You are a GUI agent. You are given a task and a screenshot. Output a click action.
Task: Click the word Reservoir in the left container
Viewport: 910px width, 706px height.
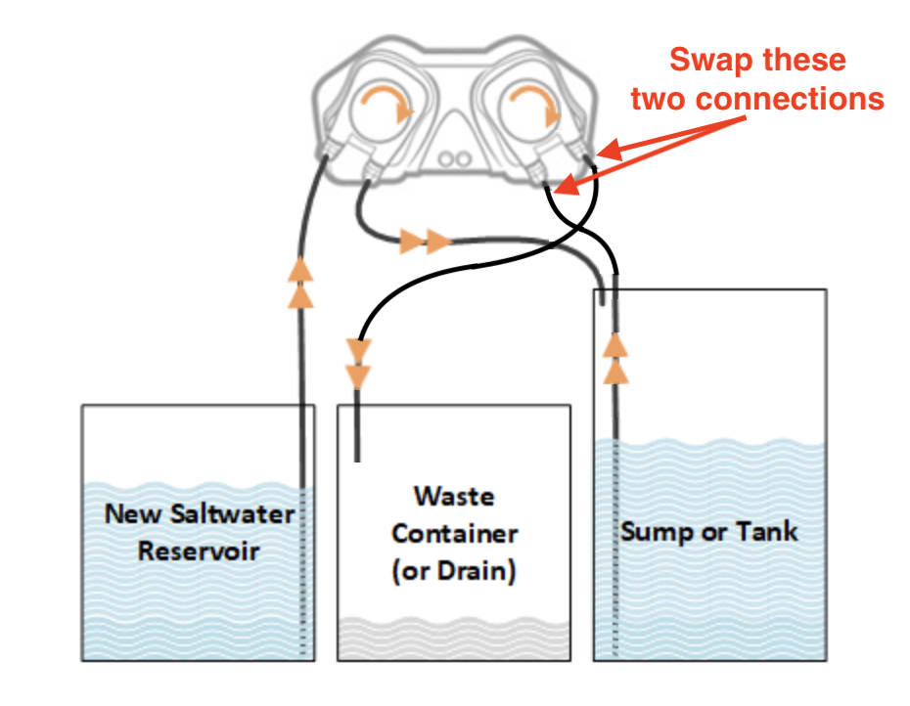198,552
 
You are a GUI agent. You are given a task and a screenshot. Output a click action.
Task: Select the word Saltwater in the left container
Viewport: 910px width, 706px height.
233,514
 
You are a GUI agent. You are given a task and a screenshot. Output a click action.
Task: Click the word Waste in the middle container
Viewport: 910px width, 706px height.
454,497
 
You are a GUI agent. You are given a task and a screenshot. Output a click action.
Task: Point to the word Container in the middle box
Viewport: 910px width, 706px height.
454,534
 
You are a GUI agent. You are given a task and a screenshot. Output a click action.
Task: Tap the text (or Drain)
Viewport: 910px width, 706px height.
454,571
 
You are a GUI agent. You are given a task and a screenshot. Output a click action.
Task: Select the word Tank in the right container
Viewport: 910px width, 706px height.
767,531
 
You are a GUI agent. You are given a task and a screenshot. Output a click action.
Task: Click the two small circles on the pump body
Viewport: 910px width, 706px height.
454,159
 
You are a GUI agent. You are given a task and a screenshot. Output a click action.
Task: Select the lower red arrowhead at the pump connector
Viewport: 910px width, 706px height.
567,185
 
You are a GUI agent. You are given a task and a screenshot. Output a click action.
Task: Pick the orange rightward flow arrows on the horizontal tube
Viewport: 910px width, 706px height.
426,241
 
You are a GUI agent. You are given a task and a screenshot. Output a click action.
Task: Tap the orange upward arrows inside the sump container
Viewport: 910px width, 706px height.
615,358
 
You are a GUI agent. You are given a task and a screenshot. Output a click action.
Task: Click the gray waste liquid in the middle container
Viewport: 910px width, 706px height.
454,639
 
